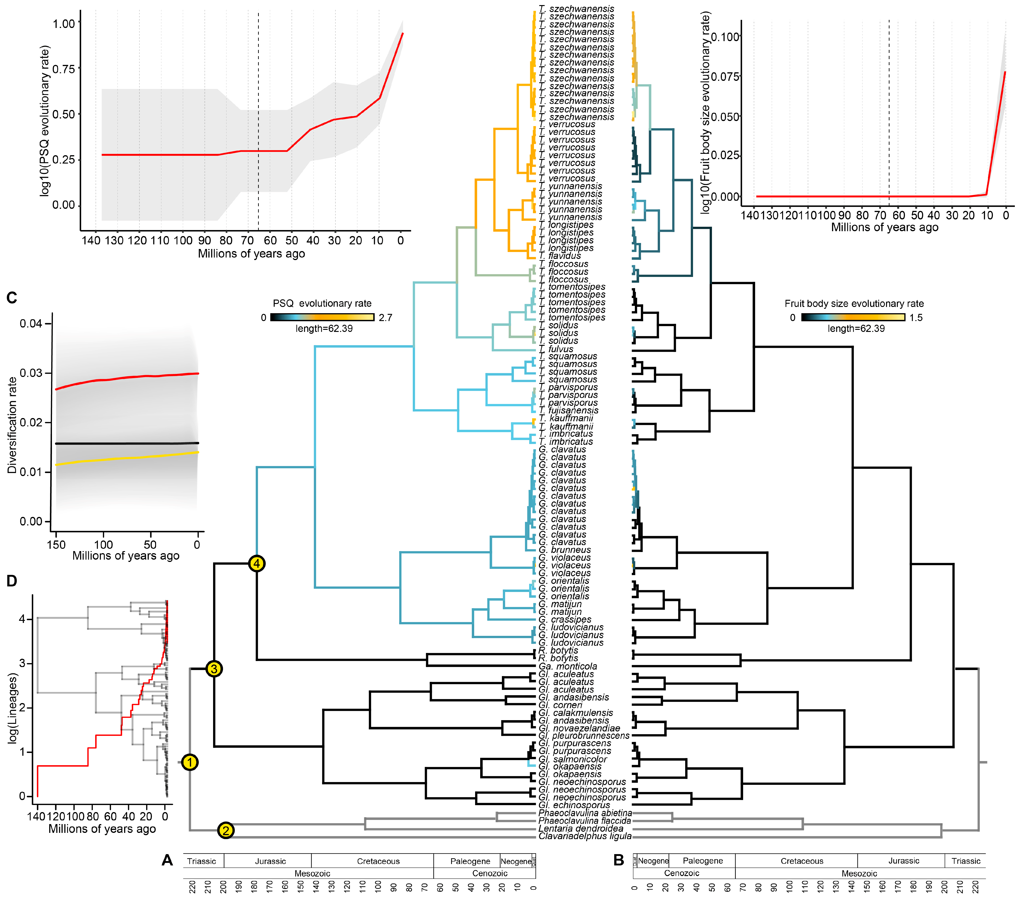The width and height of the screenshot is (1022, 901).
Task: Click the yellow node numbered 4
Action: (256, 564)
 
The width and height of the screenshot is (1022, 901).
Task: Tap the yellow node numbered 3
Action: (214, 669)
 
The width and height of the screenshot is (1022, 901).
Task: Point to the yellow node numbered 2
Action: (226, 831)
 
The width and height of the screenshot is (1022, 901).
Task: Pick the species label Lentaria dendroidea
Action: (581, 828)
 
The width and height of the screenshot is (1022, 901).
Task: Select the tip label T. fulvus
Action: (556, 349)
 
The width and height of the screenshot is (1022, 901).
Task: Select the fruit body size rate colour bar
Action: (853, 317)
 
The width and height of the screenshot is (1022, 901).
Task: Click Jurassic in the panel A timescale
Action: (271, 861)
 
